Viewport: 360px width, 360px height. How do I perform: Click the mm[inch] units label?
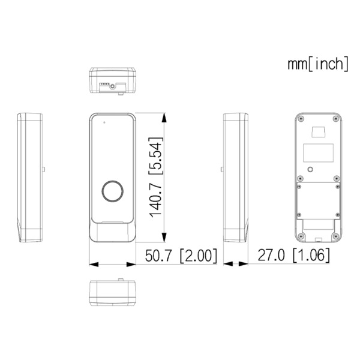317,64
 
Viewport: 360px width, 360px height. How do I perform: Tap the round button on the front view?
112,191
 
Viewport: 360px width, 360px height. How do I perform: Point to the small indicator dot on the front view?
103,123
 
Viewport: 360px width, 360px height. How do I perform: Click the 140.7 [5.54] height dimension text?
155,178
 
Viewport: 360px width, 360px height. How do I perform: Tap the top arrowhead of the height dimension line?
166,117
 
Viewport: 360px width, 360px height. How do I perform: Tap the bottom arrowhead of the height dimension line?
166,238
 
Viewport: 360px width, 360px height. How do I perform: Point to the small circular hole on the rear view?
310,170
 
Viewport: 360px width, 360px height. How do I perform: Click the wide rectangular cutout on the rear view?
319,153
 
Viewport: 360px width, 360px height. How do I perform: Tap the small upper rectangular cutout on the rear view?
319,131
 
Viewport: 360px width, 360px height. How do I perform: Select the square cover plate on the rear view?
319,199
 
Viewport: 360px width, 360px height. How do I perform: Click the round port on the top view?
112,85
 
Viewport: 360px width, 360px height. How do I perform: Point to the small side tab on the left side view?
45,169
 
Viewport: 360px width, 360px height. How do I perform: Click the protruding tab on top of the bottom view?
121,279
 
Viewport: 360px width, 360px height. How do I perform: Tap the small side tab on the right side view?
221,169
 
